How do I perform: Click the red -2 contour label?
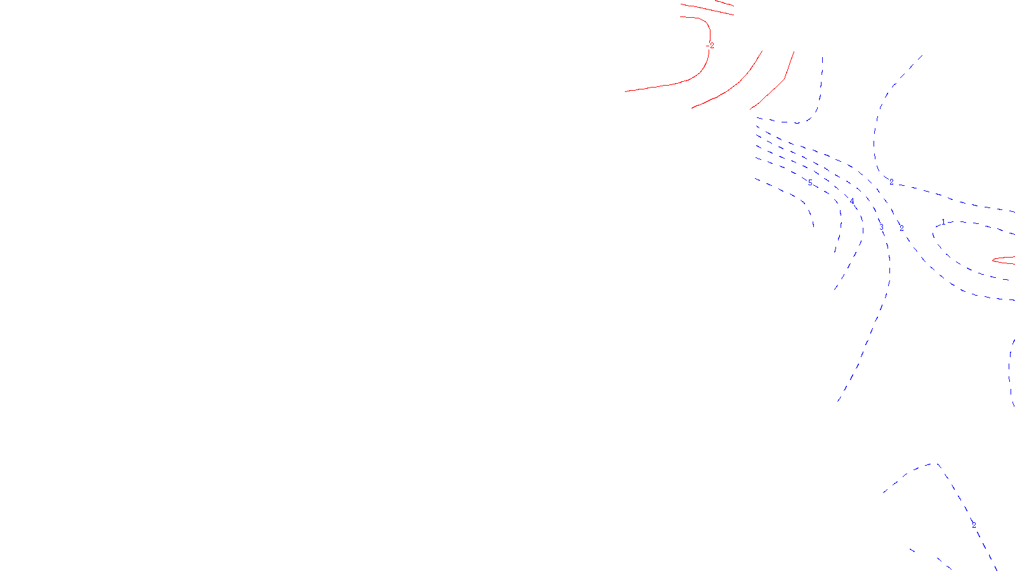point(711,46)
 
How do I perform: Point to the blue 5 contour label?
point(810,183)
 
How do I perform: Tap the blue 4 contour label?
point(852,201)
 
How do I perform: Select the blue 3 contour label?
point(881,227)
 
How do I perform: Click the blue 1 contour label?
point(943,222)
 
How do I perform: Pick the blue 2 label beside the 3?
point(901,228)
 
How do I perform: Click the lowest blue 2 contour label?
point(974,525)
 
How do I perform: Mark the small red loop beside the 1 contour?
point(1004,260)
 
